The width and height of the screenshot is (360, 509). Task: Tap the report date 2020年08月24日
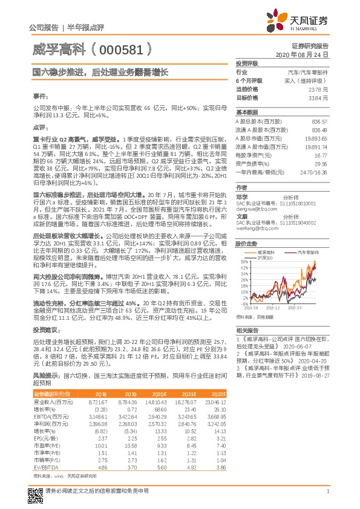tap(310, 54)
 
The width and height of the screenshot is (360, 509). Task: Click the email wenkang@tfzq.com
tap(254, 229)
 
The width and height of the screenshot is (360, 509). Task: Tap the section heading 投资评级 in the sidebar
tap(246, 63)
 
